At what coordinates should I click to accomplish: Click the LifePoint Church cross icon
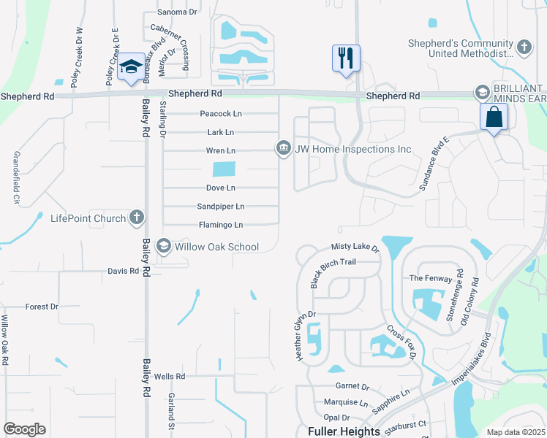(136, 218)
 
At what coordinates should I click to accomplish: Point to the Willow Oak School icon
(164, 247)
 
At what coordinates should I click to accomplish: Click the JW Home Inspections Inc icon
(283, 149)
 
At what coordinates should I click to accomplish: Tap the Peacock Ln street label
(221, 114)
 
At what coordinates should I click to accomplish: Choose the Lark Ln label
(221, 132)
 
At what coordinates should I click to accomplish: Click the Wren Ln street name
(221, 150)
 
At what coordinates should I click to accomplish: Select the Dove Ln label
(220, 188)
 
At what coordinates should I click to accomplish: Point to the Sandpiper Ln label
(221, 207)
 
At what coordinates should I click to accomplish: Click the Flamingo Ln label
(221, 225)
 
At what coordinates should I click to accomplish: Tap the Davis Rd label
(123, 271)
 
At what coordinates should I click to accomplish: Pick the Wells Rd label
(170, 376)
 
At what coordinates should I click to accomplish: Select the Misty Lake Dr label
(356, 248)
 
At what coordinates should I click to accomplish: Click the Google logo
(24, 429)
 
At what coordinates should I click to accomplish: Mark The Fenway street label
(426, 278)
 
